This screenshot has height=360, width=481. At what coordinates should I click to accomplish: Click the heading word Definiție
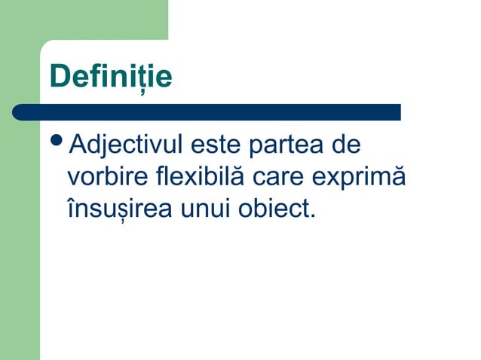pos(110,77)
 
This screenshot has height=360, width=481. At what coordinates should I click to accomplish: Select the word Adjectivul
pos(126,145)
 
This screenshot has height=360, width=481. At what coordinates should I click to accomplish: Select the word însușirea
pos(119,209)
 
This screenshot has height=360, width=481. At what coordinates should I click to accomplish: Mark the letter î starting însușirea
pos(70,209)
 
